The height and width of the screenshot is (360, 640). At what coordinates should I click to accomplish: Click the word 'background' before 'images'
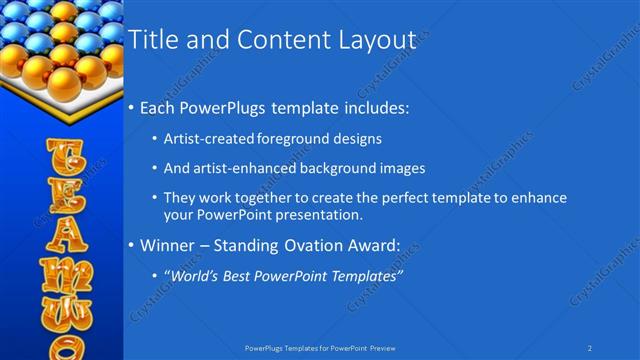pos(337,168)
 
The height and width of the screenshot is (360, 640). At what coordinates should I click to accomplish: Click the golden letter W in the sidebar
pos(62,309)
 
